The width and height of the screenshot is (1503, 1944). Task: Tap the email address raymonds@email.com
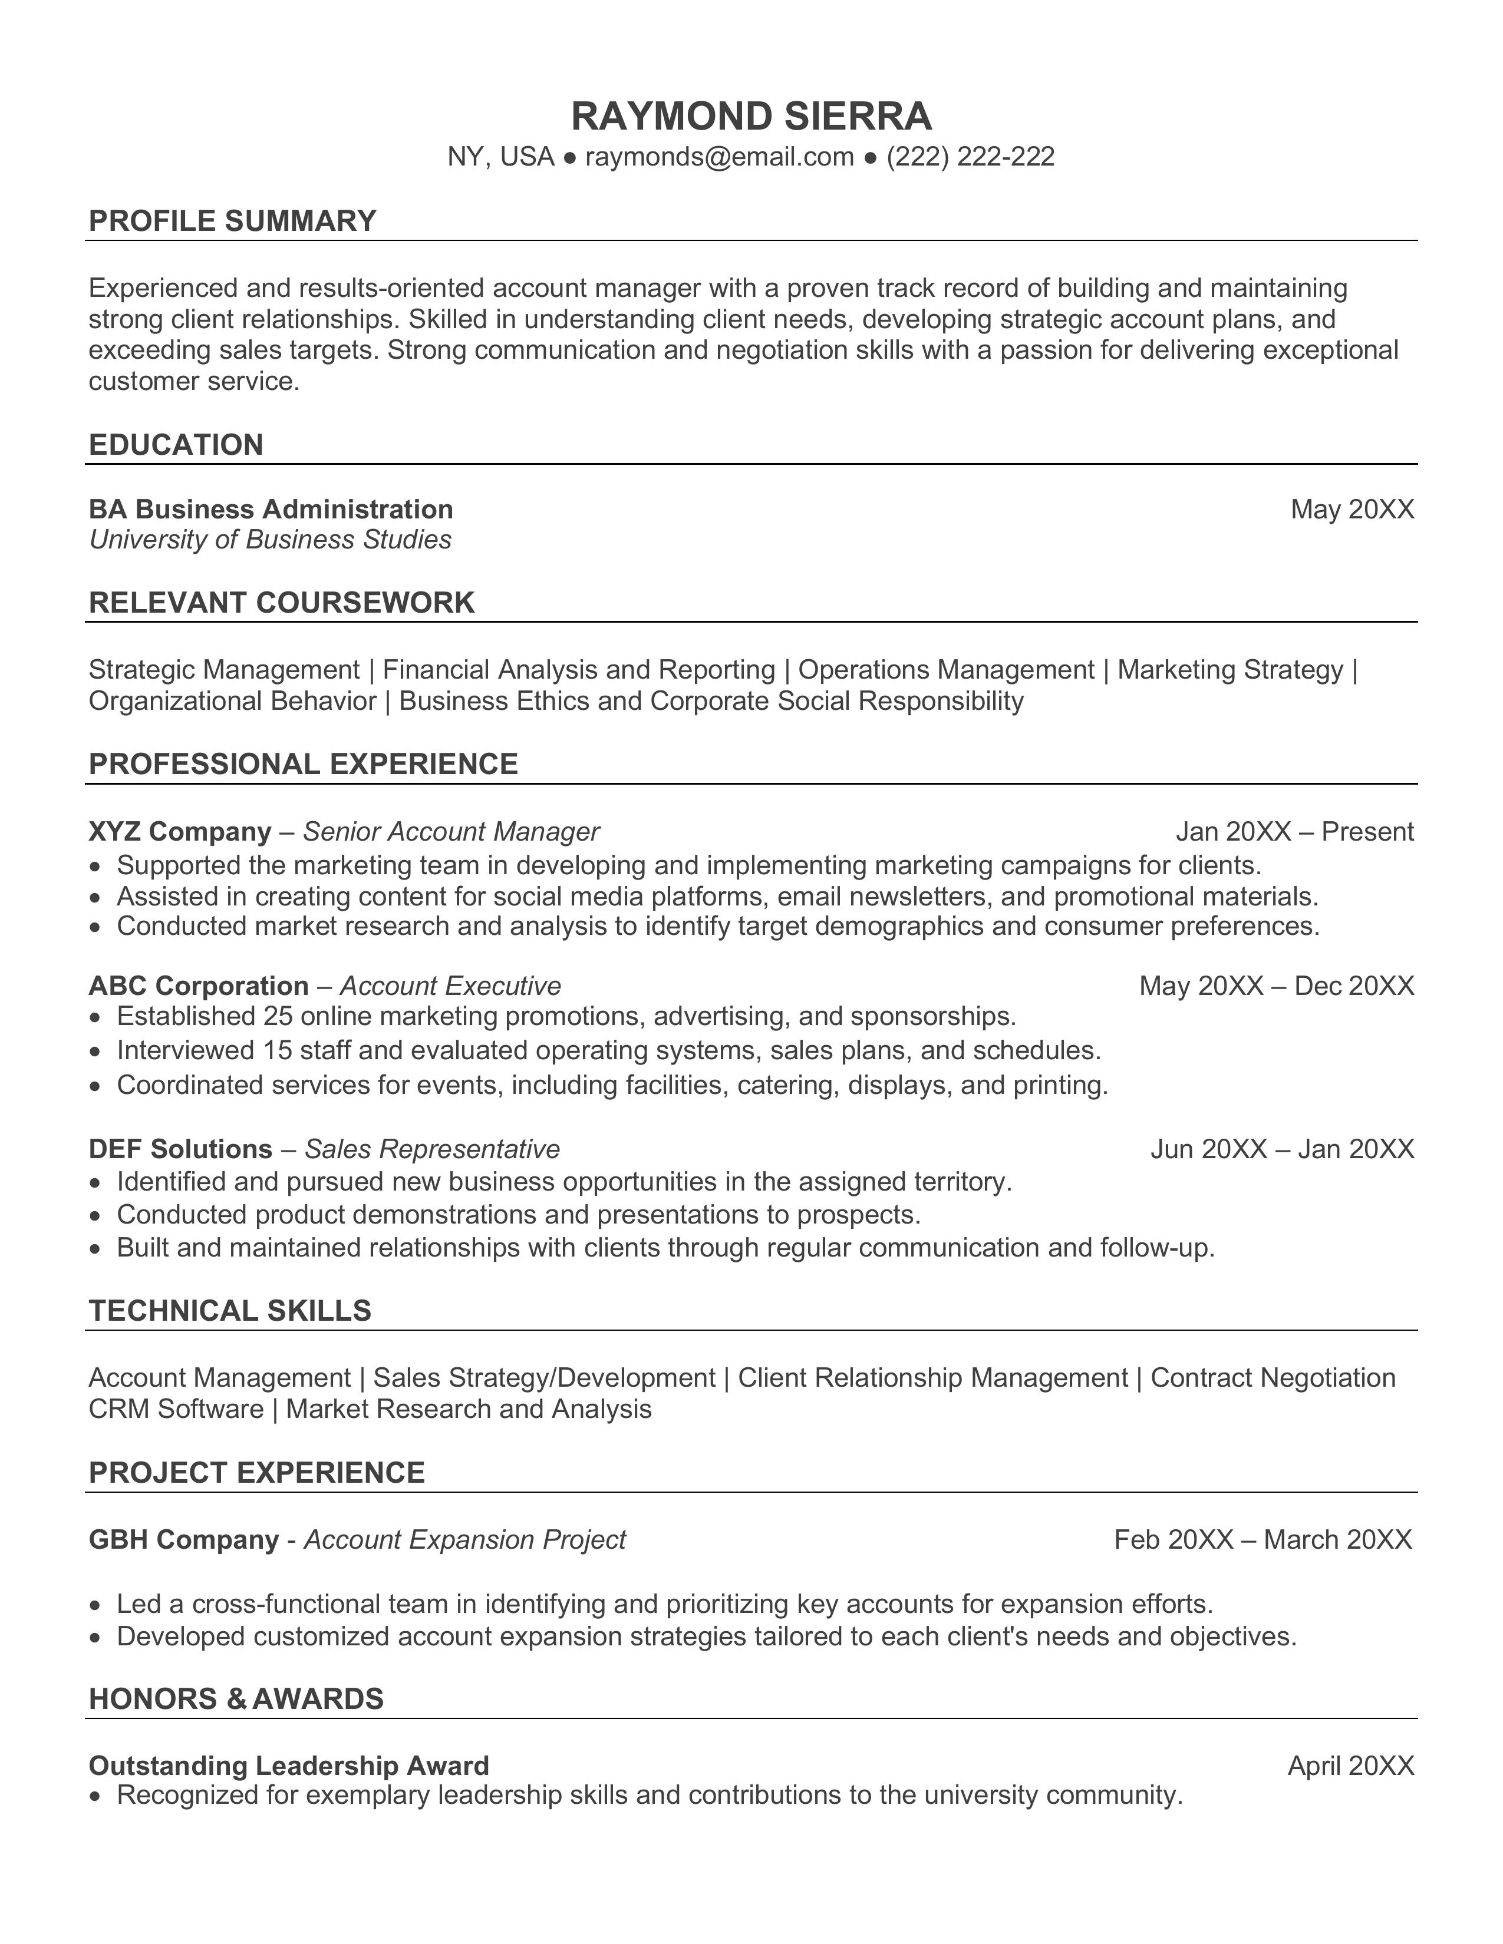click(720, 157)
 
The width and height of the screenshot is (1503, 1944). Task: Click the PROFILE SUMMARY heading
click(232, 221)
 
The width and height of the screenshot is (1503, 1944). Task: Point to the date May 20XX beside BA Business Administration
click(1352, 509)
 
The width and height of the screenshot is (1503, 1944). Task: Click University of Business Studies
click(270, 540)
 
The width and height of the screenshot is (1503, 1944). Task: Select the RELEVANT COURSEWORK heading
click(281, 603)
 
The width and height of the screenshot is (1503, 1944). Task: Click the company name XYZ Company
click(180, 831)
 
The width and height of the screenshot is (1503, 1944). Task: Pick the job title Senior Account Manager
click(450, 831)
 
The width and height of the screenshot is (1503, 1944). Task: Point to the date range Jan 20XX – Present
click(1294, 831)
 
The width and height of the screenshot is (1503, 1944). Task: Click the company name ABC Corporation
click(199, 986)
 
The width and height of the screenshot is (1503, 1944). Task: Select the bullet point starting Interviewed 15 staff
click(608, 1050)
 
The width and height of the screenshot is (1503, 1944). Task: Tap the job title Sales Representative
click(432, 1149)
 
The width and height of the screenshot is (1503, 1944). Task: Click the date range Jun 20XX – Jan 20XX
click(1281, 1149)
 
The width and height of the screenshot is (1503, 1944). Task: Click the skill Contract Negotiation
click(1273, 1377)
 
